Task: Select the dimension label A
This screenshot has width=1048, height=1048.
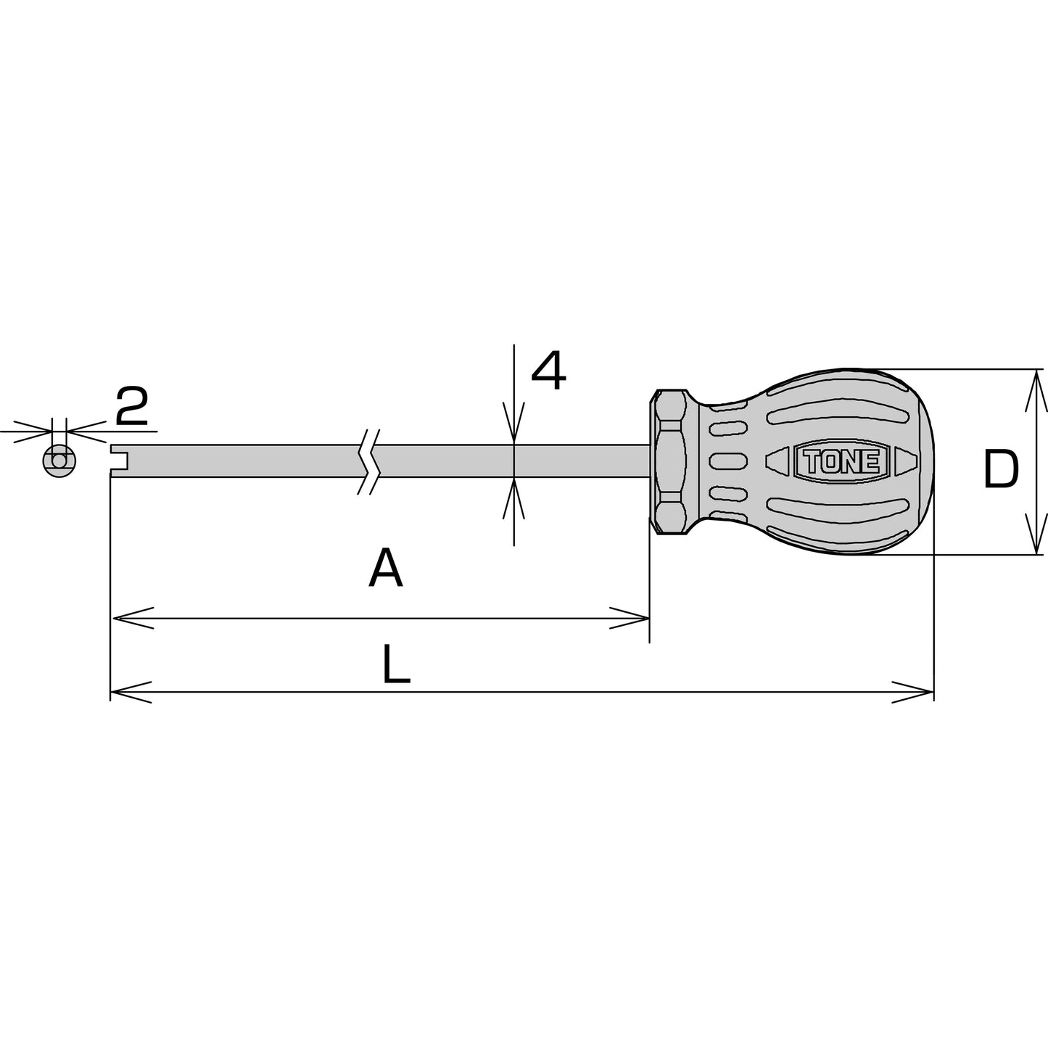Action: click(x=386, y=568)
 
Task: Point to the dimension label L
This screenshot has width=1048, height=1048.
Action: click(x=396, y=664)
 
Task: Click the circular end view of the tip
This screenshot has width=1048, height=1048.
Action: click(x=59, y=461)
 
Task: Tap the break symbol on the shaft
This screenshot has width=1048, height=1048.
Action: click(x=368, y=461)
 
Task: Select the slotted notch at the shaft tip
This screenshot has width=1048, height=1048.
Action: click(x=120, y=461)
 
